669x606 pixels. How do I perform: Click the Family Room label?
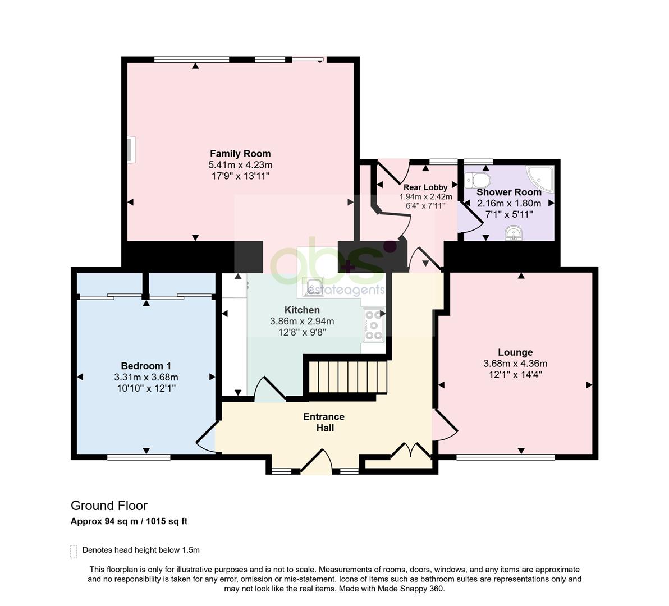pyautogui.click(x=240, y=154)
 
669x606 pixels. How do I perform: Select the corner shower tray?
pyautogui.click(x=540, y=178)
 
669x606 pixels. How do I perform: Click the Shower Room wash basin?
pyautogui.click(x=514, y=233)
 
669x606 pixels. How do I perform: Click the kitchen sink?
pyautogui.click(x=313, y=287)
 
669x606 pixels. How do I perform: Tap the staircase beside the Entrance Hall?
pyautogui.click(x=348, y=377)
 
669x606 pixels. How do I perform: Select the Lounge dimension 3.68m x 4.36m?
pyautogui.click(x=515, y=364)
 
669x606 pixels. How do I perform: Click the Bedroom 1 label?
pyautogui.click(x=146, y=366)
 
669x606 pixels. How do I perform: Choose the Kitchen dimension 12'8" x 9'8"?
pyautogui.click(x=302, y=332)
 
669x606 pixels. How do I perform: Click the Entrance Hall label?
pyautogui.click(x=324, y=422)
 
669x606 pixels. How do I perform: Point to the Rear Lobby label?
pyautogui.click(x=425, y=187)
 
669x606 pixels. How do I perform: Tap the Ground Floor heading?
pyautogui.click(x=109, y=506)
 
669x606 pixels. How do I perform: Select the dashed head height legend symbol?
pyautogui.click(x=74, y=552)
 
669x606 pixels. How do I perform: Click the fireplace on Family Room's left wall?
pyautogui.click(x=131, y=149)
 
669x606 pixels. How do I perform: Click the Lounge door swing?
pyautogui.click(x=445, y=425)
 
